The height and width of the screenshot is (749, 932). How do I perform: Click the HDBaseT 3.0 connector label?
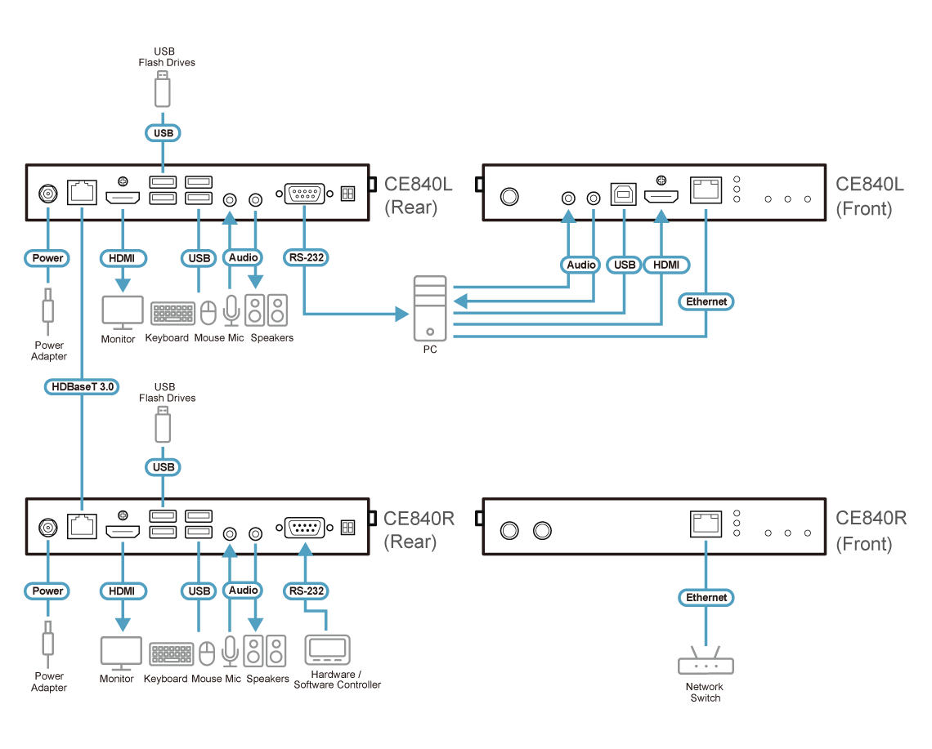[81, 387]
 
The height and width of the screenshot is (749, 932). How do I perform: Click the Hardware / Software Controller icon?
[327, 650]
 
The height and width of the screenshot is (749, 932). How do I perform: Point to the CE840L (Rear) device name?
[418, 195]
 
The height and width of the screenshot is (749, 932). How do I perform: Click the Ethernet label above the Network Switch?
[706, 598]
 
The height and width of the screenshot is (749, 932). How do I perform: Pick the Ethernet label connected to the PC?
[706, 301]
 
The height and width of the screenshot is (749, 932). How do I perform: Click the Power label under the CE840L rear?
[47, 258]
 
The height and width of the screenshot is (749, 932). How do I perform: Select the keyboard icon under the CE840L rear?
[173, 314]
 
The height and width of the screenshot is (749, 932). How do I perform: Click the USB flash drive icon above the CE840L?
[164, 89]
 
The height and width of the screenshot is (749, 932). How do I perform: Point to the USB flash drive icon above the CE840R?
[164, 425]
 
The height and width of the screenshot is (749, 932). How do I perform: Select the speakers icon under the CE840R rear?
[267, 652]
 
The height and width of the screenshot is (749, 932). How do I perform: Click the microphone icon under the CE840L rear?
[231, 311]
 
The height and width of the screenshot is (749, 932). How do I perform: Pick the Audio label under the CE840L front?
[581, 265]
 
